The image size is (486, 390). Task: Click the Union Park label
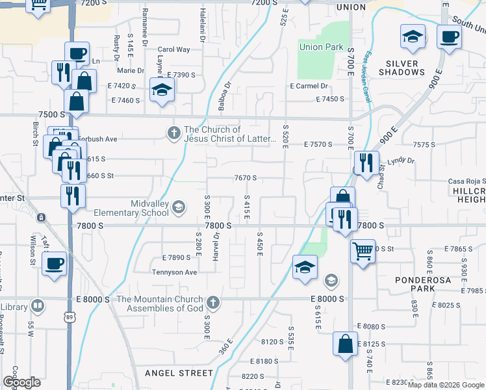320,47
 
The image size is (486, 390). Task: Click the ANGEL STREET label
179,373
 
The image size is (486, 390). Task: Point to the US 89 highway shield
69,317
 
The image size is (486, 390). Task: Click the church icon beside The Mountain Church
212,303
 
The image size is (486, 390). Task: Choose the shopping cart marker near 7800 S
363,250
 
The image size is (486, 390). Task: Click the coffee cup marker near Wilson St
55,264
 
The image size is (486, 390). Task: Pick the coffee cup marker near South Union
448,36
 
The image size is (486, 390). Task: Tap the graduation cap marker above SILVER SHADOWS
413,37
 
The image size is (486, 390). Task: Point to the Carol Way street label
173,49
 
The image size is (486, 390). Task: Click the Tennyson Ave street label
174,272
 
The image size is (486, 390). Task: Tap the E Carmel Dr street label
309,86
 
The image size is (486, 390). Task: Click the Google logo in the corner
21,382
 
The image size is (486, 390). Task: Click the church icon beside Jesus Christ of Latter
173,133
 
